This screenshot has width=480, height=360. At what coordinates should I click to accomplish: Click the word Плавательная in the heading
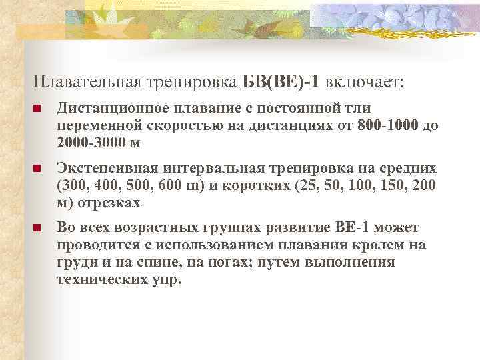point(87,81)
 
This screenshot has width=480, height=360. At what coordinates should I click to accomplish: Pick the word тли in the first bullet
point(360,109)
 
